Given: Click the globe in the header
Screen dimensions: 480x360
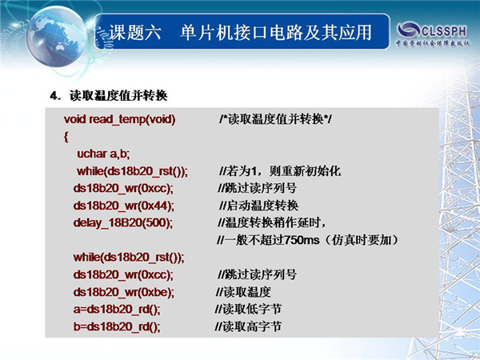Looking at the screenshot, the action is coord(57,37).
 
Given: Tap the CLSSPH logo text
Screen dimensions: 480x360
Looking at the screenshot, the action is coord(444,31).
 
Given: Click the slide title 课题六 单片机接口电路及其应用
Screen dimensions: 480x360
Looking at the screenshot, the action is coord(240,32).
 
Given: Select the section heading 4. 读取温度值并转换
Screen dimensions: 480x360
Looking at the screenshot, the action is coord(109,96).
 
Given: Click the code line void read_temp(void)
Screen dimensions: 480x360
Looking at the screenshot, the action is coord(120,119).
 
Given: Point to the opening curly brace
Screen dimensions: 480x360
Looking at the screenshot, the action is coord(66,137).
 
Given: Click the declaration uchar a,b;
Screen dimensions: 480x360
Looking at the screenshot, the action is coord(103,154).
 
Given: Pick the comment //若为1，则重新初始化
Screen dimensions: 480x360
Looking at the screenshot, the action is coord(280,171).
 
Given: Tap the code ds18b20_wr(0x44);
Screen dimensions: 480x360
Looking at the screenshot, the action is coord(124,206).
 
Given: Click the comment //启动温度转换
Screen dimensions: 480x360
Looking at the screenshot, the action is coord(258,206).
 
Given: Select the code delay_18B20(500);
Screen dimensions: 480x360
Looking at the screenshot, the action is coord(123,223).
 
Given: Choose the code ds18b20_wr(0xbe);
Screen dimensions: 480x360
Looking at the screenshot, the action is coord(124,292).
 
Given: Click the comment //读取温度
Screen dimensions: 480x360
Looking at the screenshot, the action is coord(243,292).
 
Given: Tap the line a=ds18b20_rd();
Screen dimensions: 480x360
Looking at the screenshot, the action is coord(117,309).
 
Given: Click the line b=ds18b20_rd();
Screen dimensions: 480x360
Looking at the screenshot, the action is coord(117,326).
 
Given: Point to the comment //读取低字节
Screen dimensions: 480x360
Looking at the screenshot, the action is coord(248,309).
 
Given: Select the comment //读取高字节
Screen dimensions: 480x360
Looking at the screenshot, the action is coord(248,326).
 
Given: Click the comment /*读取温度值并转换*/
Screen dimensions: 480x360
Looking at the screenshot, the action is coord(275,119).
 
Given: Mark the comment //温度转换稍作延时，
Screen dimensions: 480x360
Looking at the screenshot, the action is coord(271,223).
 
